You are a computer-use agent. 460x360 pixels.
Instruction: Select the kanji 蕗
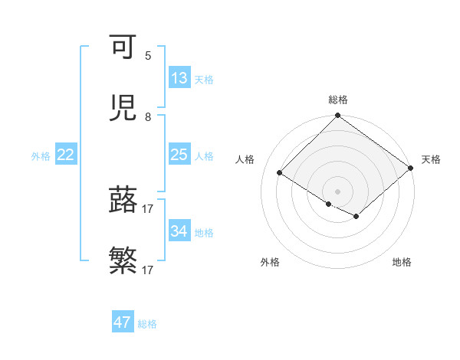[x=123, y=200]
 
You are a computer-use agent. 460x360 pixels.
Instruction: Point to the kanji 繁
[x=123, y=261]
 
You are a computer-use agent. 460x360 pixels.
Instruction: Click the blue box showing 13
[x=179, y=78]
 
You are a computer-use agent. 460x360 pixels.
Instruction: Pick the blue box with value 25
[x=179, y=155]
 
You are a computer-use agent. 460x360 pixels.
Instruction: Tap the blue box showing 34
[x=179, y=231]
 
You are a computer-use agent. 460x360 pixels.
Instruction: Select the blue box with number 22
[x=66, y=155]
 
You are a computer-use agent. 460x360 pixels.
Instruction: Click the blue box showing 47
[x=123, y=322]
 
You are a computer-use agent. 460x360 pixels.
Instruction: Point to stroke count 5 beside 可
[x=148, y=55]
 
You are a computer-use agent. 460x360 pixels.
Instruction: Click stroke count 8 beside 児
[x=148, y=116]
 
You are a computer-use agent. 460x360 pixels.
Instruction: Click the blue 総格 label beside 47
[x=147, y=324]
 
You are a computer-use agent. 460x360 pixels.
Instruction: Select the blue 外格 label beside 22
[x=41, y=155]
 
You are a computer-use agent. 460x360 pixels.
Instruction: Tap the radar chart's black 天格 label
[x=431, y=159]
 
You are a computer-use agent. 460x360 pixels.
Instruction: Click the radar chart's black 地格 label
[x=402, y=262]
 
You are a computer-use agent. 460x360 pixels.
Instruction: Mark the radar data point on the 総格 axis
[x=337, y=116]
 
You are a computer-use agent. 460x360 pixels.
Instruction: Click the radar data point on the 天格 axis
[x=411, y=168]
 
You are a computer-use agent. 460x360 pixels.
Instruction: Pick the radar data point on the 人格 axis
[x=280, y=172]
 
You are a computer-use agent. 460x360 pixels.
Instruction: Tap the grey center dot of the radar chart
[x=337, y=191]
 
